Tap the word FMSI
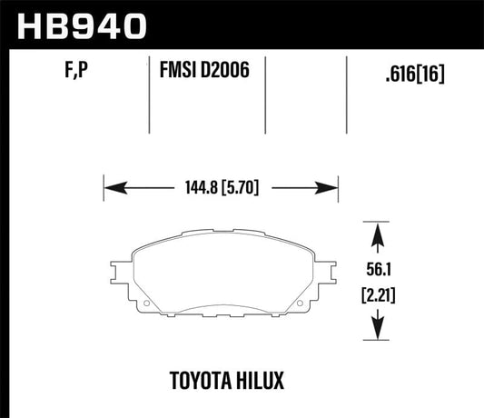[179, 70]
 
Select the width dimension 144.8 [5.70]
[222, 190]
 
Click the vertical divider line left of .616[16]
[346, 91]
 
